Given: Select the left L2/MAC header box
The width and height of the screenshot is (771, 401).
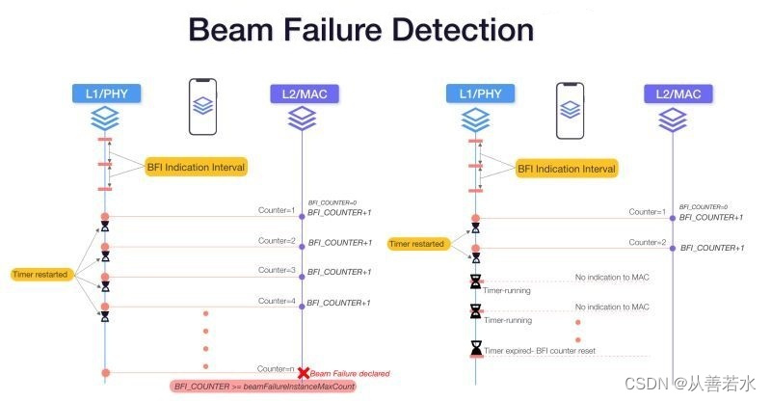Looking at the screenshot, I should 303,94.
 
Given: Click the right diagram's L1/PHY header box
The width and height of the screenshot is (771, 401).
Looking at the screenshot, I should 475,94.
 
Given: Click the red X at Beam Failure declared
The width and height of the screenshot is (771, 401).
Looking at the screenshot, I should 303,372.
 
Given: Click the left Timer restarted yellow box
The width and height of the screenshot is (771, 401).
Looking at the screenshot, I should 40,275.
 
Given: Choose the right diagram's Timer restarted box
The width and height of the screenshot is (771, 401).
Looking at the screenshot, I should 417,244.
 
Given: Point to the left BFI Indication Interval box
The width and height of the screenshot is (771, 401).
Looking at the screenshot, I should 196,168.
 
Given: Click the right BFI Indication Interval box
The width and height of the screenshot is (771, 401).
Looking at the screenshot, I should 566,169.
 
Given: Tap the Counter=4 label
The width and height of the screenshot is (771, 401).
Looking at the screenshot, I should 277,302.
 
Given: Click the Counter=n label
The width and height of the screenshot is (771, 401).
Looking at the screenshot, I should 277,368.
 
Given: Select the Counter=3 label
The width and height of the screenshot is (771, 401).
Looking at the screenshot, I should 277,271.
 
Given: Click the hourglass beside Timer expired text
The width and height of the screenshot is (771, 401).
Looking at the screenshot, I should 475,348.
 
